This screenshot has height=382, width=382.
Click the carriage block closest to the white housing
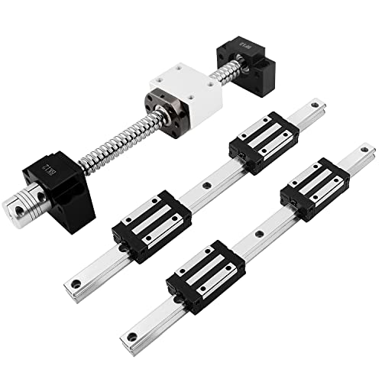(x=264, y=142)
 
